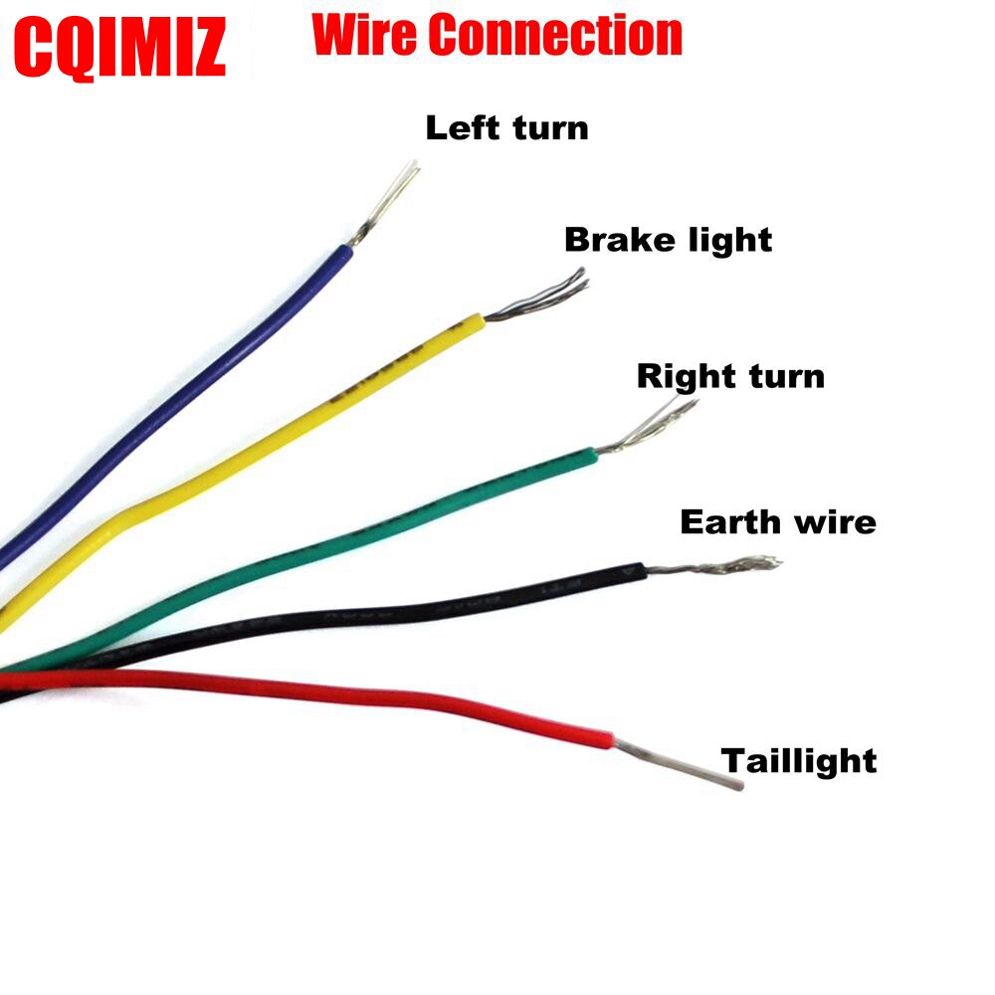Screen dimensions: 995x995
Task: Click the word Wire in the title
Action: click(x=366, y=37)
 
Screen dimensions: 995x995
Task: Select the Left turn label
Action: click(x=506, y=128)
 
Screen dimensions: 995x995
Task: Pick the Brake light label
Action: click(x=668, y=240)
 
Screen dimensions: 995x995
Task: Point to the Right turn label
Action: click(x=730, y=376)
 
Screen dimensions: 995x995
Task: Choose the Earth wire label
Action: click(x=778, y=521)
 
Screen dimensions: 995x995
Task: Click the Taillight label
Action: click(x=799, y=761)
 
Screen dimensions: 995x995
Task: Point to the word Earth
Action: click(x=725, y=521)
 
